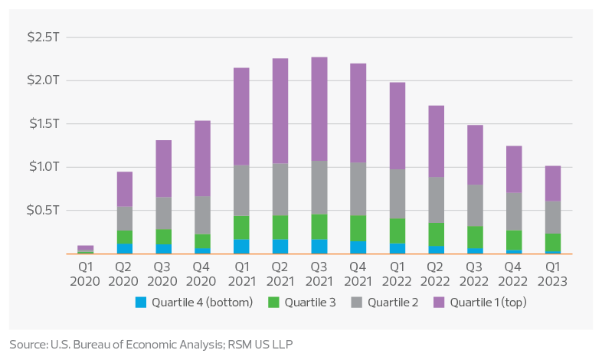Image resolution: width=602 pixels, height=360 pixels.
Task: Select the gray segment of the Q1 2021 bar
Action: pyautogui.click(x=242, y=191)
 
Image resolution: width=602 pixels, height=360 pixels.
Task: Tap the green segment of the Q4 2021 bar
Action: pyautogui.click(x=358, y=228)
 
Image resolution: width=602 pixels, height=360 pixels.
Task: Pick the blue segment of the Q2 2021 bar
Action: pyautogui.click(x=280, y=246)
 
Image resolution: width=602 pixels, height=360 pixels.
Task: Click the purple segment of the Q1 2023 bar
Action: pyautogui.click(x=553, y=183)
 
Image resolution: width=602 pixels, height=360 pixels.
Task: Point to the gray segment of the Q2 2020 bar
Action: pyautogui.click(x=125, y=218)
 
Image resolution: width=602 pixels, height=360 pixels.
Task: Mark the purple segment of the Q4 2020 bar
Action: pyautogui.click(x=203, y=158)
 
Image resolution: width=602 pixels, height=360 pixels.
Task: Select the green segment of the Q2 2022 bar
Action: pyautogui.click(x=437, y=234)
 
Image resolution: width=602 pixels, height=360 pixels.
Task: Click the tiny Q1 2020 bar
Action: pyautogui.click(x=86, y=249)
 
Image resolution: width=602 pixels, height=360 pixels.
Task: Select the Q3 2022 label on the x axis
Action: pyautogui.click(x=475, y=275)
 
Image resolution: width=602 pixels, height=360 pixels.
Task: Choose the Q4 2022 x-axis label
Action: pyautogui.click(x=514, y=275)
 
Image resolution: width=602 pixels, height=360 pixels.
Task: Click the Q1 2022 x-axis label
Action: pyautogui.click(x=398, y=275)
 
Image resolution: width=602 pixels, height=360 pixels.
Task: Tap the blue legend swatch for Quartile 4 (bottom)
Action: pyautogui.click(x=140, y=302)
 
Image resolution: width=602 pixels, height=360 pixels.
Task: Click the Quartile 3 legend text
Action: pyautogui.click(x=309, y=303)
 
